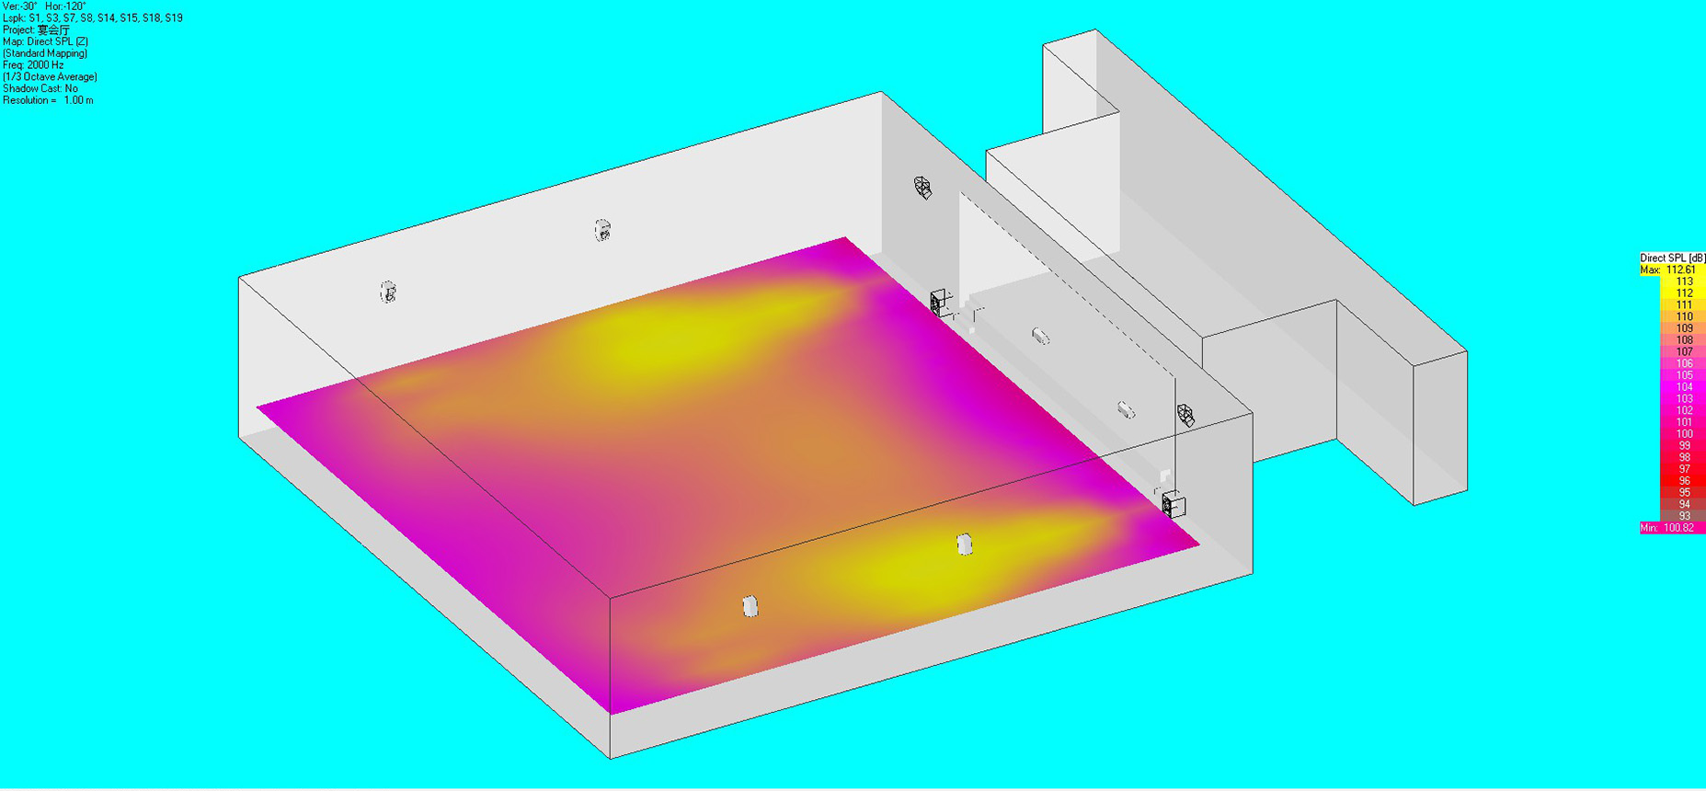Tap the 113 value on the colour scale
(1684, 282)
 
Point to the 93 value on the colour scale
(1685, 516)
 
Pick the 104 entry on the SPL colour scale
(1684, 387)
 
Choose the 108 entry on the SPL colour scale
(1684, 340)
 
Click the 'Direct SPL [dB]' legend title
(1672, 258)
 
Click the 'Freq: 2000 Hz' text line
(33, 65)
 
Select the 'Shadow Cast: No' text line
(40, 89)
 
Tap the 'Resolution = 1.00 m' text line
(48, 100)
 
